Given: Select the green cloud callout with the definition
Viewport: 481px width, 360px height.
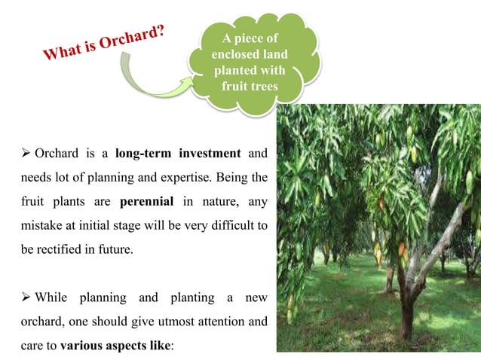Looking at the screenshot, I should pos(248,59).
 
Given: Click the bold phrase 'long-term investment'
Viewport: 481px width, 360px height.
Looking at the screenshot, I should pos(177,154).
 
